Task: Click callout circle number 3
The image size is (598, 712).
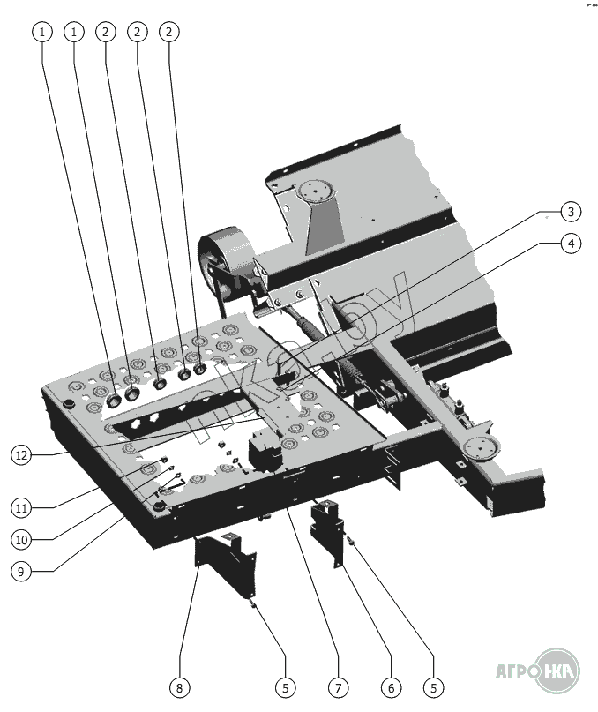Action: (x=572, y=212)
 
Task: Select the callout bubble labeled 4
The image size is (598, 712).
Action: (x=572, y=244)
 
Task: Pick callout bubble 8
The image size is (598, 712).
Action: (x=180, y=686)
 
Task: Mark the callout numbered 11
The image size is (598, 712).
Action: (x=23, y=507)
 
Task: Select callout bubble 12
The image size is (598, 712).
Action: (x=23, y=455)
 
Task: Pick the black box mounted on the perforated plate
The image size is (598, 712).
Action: (x=265, y=450)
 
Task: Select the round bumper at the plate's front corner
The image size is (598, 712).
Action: (x=159, y=508)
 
